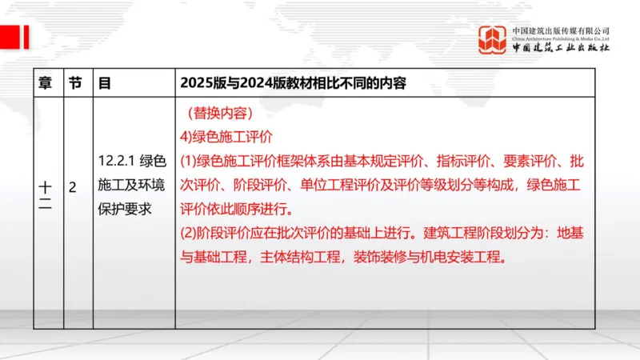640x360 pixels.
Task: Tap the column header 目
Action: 104,82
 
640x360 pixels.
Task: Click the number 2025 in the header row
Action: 197,82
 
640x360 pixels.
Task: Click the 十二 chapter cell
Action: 46,195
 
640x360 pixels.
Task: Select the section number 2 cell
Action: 72,188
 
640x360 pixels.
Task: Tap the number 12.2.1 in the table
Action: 114,158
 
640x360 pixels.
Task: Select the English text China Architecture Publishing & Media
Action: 562,38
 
